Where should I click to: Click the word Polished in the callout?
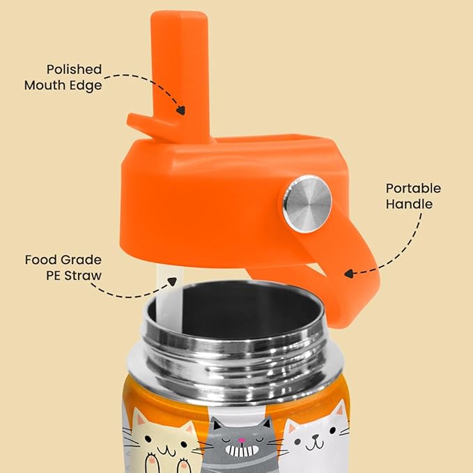[75, 70]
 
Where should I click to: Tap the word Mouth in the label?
[45, 86]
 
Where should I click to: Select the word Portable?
[413, 188]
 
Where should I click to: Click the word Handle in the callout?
[409, 204]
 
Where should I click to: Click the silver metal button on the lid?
[307, 204]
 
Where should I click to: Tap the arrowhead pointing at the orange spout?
[181, 110]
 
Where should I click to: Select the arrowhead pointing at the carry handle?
[349, 274]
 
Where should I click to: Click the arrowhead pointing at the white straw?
[172, 281]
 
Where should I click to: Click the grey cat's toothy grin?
[242, 451]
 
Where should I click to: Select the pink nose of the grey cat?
[241, 440]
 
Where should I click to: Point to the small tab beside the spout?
[144, 124]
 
